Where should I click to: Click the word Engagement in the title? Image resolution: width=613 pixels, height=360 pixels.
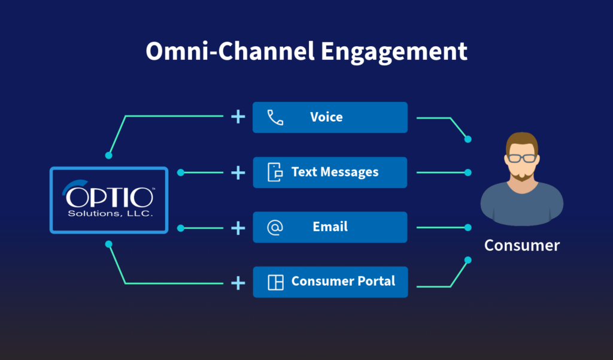tap(394, 52)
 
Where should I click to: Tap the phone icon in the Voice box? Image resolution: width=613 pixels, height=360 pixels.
tap(275, 117)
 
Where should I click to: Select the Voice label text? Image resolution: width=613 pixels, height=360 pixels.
tap(326, 117)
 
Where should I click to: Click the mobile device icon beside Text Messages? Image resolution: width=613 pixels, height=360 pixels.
tap(275, 173)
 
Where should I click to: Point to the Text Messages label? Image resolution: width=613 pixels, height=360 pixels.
tap(335, 173)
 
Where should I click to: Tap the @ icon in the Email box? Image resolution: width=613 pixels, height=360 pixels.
tap(275, 227)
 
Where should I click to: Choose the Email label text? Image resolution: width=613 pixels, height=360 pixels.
tap(330, 227)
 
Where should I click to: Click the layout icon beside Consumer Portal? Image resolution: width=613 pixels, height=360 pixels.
tap(275, 282)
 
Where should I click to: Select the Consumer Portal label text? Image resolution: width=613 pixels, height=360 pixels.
tap(343, 282)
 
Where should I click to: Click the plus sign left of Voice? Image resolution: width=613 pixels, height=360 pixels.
tap(238, 117)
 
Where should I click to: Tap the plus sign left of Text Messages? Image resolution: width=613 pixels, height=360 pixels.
tap(238, 173)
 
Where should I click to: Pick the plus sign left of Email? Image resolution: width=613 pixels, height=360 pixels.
tap(238, 228)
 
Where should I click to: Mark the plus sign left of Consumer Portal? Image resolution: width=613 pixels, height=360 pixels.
tap(238, 282)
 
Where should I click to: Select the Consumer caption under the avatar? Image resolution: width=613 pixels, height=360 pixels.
tap(521, 246)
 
